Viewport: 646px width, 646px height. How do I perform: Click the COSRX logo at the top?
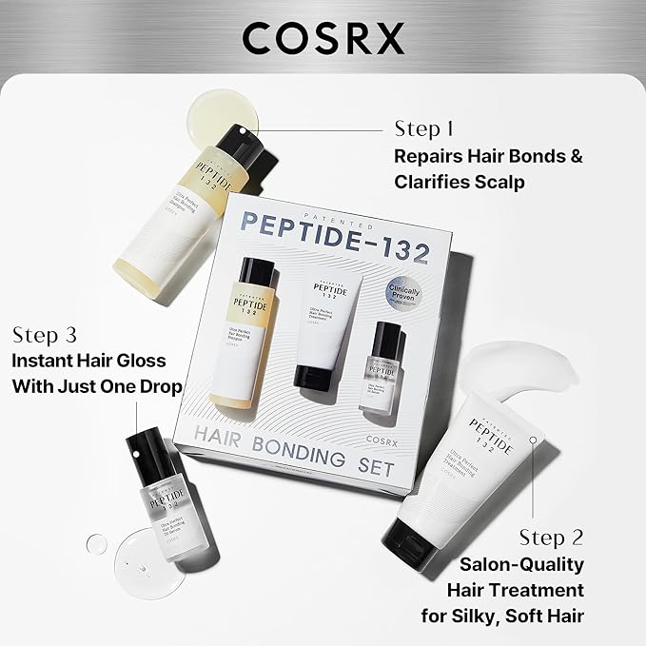(323, 37)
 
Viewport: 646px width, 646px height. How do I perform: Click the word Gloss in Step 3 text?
(140, 361)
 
